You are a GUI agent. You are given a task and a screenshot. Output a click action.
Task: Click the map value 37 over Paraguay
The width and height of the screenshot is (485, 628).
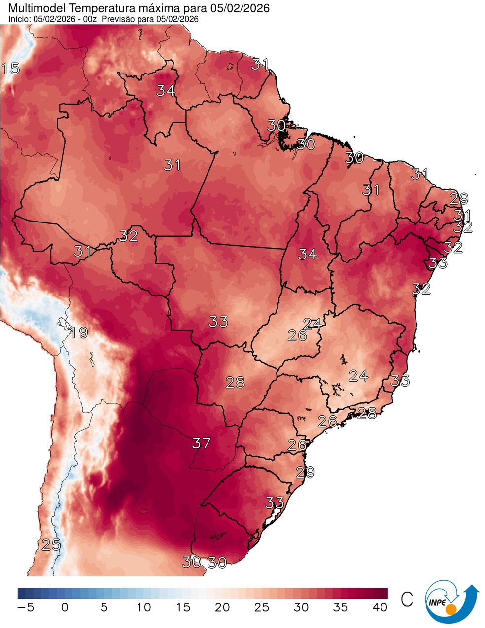[x=201, y=443]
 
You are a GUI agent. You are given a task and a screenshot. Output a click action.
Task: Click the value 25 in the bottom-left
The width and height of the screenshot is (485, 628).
[x=50, y=545]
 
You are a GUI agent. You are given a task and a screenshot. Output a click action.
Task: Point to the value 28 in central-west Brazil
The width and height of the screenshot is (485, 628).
[x=235, y=382]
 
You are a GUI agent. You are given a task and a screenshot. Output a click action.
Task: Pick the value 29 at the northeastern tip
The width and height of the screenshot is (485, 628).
[x=458, y=199]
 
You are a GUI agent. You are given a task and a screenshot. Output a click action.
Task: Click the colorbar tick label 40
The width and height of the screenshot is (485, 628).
[x=380, y=608]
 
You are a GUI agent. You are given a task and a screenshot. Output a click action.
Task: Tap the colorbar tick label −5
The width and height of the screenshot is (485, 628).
[x=25, y=608]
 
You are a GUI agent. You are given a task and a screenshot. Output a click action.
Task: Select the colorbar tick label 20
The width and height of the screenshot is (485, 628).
[x=222, y=608]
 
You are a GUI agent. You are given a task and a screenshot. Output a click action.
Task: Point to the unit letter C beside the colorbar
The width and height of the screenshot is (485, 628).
[x=407, y=600]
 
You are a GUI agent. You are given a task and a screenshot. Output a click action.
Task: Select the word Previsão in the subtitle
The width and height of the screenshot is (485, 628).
[x=121, y=19]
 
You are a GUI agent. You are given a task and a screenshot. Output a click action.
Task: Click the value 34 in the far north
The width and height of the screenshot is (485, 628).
[x=166, y=91]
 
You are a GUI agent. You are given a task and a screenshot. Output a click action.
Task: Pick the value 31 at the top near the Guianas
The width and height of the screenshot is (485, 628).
[x=260, y=64]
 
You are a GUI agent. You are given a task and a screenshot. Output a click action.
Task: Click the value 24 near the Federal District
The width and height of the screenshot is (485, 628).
[x=312, y=324]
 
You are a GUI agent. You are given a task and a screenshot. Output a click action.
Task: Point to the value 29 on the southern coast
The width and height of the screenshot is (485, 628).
[x=305, y=472]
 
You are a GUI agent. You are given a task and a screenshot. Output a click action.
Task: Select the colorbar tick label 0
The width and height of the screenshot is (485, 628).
[x=65, y=608]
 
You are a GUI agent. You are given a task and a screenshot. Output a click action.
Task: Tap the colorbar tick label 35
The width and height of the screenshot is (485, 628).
[x=341, y=608]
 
